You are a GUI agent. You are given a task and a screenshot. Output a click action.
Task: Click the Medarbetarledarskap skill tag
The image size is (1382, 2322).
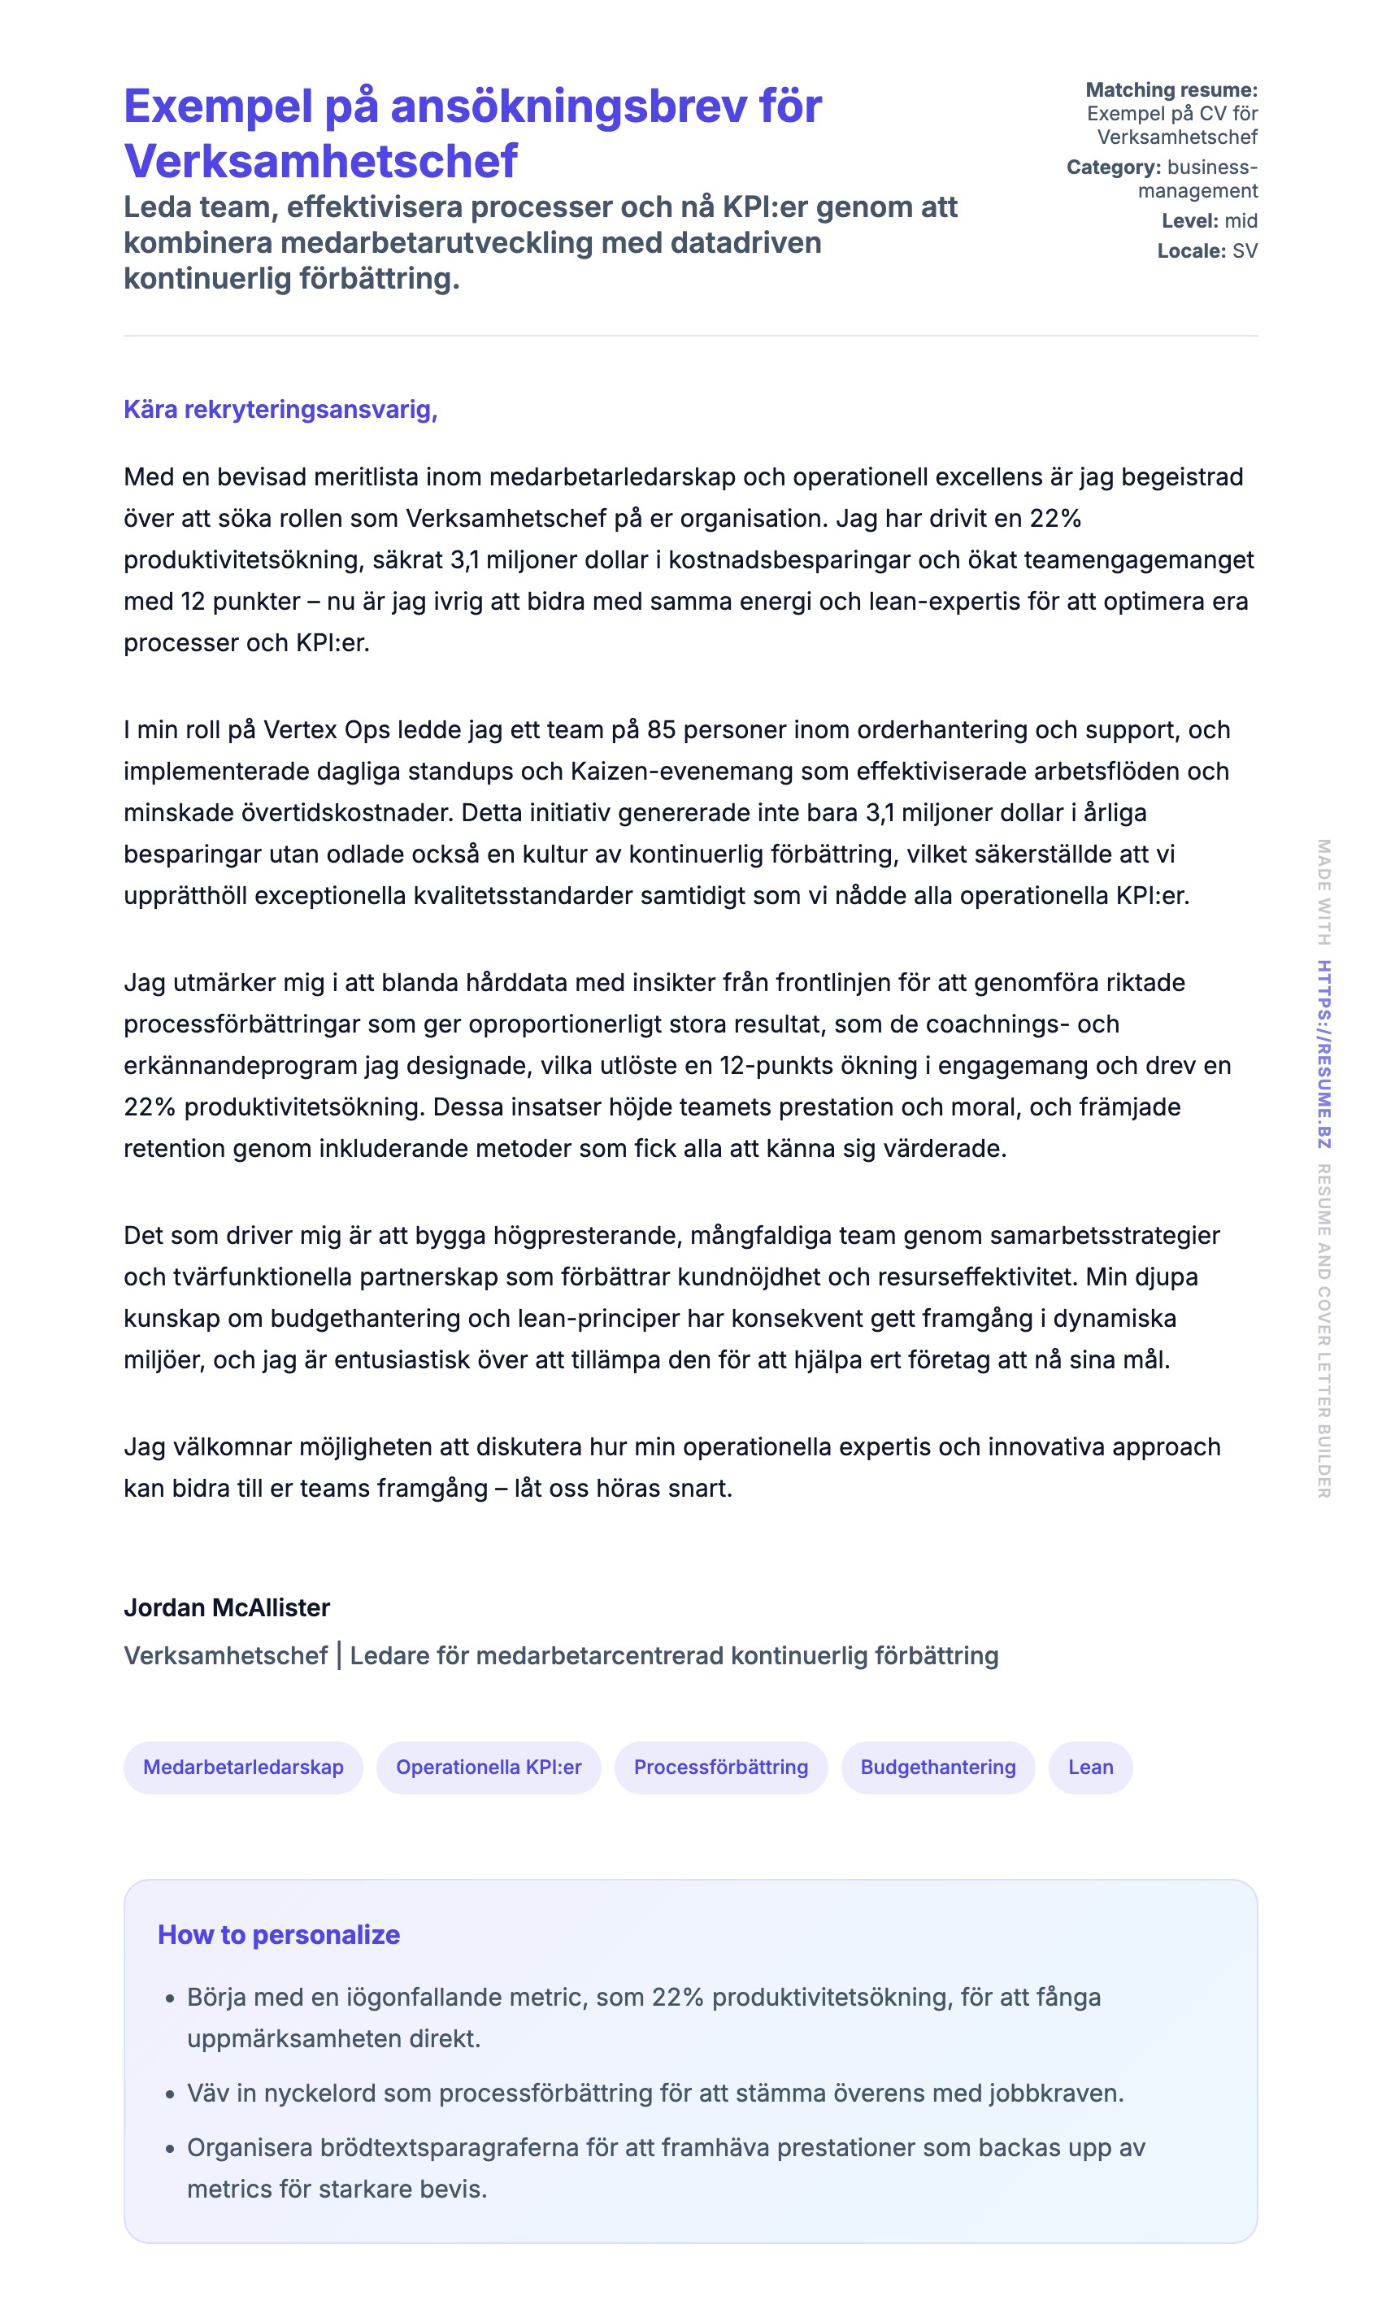point(243,1767)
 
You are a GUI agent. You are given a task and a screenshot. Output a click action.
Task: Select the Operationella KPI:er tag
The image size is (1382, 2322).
point(488,1767)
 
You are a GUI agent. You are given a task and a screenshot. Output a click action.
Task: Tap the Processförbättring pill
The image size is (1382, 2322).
point(721,1767)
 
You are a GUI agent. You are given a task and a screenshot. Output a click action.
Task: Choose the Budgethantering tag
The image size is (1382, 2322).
point(938,1767)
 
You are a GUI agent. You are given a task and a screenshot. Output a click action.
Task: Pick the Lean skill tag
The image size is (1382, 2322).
point(1090,1767)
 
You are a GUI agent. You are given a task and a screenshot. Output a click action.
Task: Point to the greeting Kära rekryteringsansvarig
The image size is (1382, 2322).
point(280,410)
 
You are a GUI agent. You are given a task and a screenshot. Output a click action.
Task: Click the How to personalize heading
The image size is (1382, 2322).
point(279,1934)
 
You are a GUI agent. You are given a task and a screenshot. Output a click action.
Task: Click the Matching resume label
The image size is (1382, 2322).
point(1171,90)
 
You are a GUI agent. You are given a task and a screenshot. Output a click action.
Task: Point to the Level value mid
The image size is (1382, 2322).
point(1241,221)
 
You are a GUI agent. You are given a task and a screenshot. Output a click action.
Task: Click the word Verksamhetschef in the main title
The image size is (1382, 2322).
point(320,161)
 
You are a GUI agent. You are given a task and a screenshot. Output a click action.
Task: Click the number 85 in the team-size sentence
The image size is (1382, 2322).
point(660,730)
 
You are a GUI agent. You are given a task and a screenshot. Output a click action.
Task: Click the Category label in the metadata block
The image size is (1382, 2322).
point(1113,167)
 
